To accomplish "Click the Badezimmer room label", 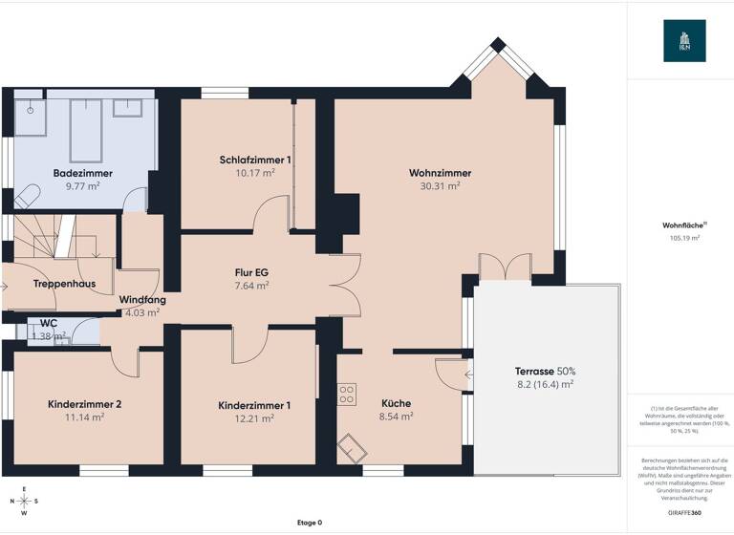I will [83, 173].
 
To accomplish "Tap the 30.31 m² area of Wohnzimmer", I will [440, 187].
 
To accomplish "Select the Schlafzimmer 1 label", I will [255, 160].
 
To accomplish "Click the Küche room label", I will [396, 403].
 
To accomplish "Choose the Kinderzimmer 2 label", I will [84, 404].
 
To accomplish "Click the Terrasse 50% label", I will [545, 371].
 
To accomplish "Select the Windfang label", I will [142, 300].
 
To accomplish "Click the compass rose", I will [25, 500].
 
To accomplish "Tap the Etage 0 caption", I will [309, 523].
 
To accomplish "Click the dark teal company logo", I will [684, 41].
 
